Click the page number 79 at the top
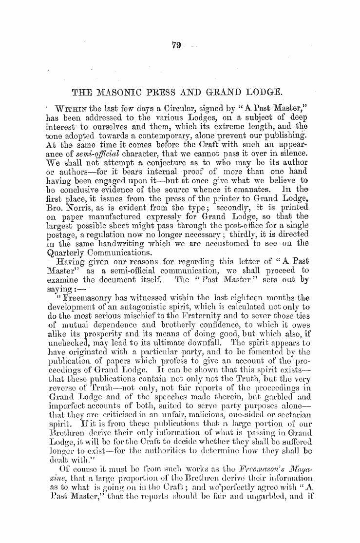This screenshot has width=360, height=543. [x=176, y=46]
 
